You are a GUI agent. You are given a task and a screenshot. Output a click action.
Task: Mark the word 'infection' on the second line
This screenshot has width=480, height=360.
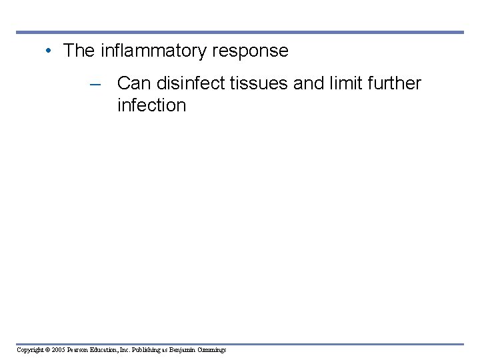pyautogui.click(x=151, y=105)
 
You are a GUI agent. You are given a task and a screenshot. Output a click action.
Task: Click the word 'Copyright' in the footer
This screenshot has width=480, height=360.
pyautogui.click(x=31, y=350)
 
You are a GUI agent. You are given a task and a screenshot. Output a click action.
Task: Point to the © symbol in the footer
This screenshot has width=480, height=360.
pyautogui.click(x=48, y=350)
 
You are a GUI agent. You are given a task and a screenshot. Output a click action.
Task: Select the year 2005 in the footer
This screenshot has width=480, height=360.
pyautogui.click(x=58, y=350)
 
